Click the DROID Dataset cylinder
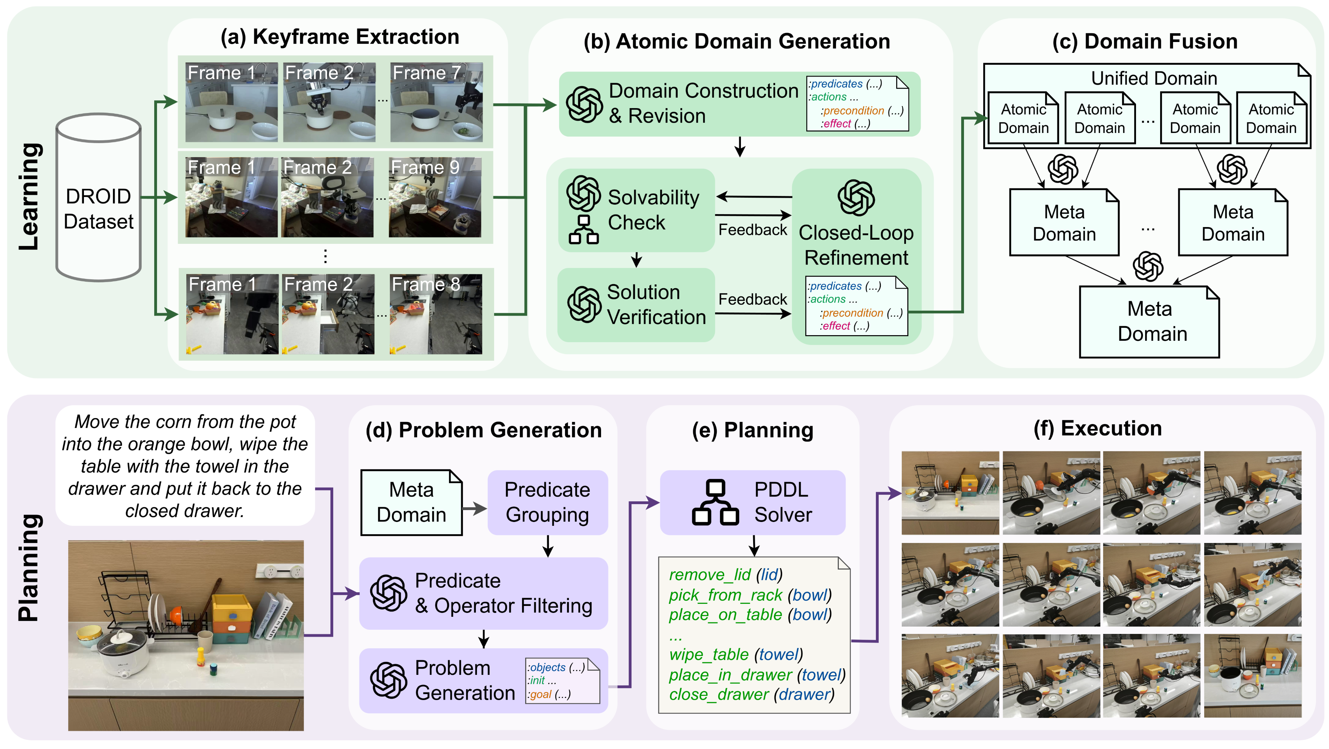(98, 199)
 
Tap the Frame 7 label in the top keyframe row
(426, 73)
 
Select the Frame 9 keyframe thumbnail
(435, 198)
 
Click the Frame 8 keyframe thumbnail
(436, 314)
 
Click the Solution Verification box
(636, 305)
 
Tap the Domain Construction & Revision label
(703, 103)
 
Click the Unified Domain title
(1153, 78)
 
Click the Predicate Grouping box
(548, 502)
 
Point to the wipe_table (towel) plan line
(736, 655)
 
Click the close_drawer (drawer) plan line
(751, 695)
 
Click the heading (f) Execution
(1097, 429)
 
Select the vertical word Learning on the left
(29, 196)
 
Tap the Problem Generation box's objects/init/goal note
(562, 681)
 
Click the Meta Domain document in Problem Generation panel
(411, 502)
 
